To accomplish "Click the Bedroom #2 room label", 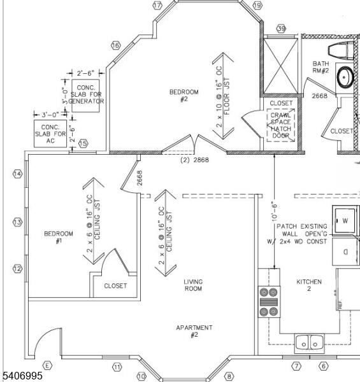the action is pos(184,95).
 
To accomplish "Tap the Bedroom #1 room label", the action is pos(59,237).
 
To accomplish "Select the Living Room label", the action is pos(193,285).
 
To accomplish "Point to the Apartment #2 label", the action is pos(194,331).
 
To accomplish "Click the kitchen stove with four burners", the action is pos(269,302).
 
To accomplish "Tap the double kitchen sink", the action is pos(310,344).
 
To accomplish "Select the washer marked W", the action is pos(345,221).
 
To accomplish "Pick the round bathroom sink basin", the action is pos(345,77).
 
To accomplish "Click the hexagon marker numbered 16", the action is pos(116,45).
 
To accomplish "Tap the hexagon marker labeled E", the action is pos(47,365).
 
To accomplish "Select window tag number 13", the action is pos(17,222).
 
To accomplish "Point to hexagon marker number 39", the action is pos(282,29).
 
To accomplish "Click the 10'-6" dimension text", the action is pos(274,213).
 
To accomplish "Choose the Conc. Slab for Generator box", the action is pos(85,95).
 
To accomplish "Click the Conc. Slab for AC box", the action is pos(50,134).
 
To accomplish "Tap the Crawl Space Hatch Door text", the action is pos(281,125).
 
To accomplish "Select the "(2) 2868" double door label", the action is pos(194,160).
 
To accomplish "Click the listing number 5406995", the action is pos(22,376).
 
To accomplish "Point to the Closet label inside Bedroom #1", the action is pos(115,286).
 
